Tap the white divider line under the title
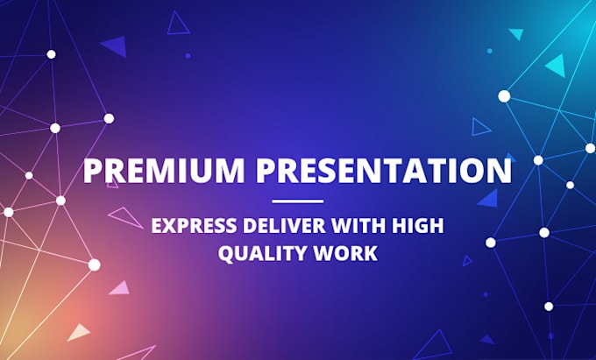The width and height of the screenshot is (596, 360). coord(297,201)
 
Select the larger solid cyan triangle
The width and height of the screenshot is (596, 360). coord(556,66)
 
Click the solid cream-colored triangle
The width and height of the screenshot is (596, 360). coord(79,332)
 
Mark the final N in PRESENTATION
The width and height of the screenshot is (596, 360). coord(499,170)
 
